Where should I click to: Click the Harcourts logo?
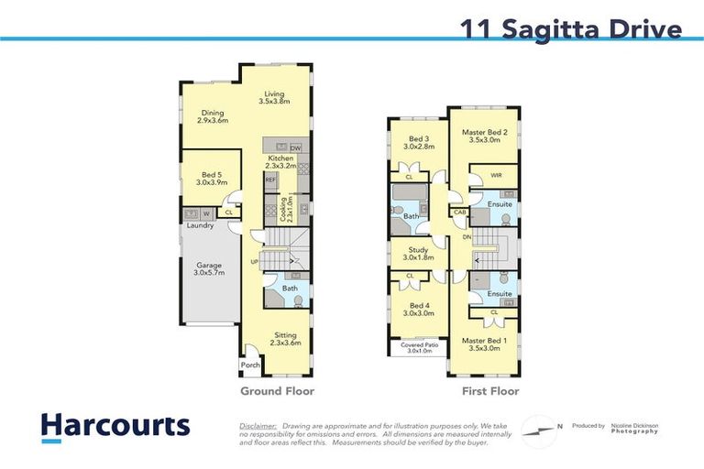[115, 426]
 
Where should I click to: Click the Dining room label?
[214, 116]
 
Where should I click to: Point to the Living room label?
[274, 97]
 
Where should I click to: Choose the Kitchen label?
[280, 162]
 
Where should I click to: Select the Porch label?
[250, 365]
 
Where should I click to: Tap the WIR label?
[496, 174]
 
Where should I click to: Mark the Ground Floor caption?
[277, 391]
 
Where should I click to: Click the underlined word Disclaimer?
[258, 426]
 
